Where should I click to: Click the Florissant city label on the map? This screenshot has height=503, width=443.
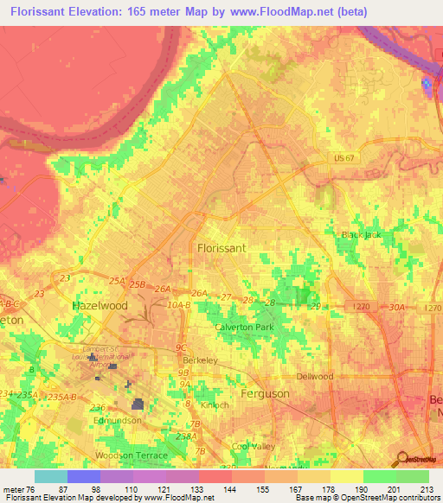tap(222, 247)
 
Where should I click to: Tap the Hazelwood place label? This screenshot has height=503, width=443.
tap(100, 306)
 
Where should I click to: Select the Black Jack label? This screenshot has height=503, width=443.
tap(361, 234)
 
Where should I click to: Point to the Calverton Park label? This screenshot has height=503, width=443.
tap(244, 328)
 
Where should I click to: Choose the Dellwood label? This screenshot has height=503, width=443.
tap(315, 377)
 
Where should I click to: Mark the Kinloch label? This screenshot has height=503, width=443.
tap(213, 404)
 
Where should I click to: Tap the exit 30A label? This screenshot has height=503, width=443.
tap(397, 307)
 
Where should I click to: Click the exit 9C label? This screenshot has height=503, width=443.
tap(182, 347)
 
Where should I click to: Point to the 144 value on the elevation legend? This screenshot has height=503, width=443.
tap(231, 489)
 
